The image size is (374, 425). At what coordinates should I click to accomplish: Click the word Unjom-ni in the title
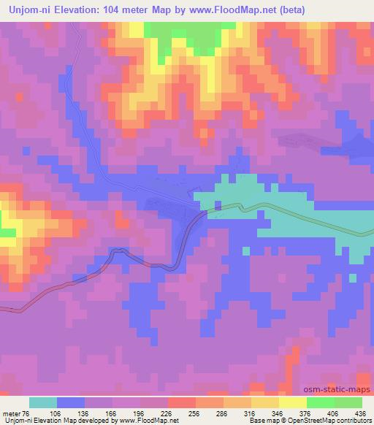point(29,10)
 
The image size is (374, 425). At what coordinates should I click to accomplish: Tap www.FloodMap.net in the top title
point(223,10)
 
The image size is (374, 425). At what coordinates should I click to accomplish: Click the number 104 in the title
point(121,10)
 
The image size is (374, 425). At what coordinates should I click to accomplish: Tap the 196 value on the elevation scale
point(154,413)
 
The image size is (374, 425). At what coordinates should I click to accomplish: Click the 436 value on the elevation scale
point(361,413)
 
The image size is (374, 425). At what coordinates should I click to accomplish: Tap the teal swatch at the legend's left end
point(43,402)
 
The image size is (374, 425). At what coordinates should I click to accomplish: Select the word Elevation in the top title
point(80,10)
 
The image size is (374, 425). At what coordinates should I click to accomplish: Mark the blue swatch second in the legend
point(71,402)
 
